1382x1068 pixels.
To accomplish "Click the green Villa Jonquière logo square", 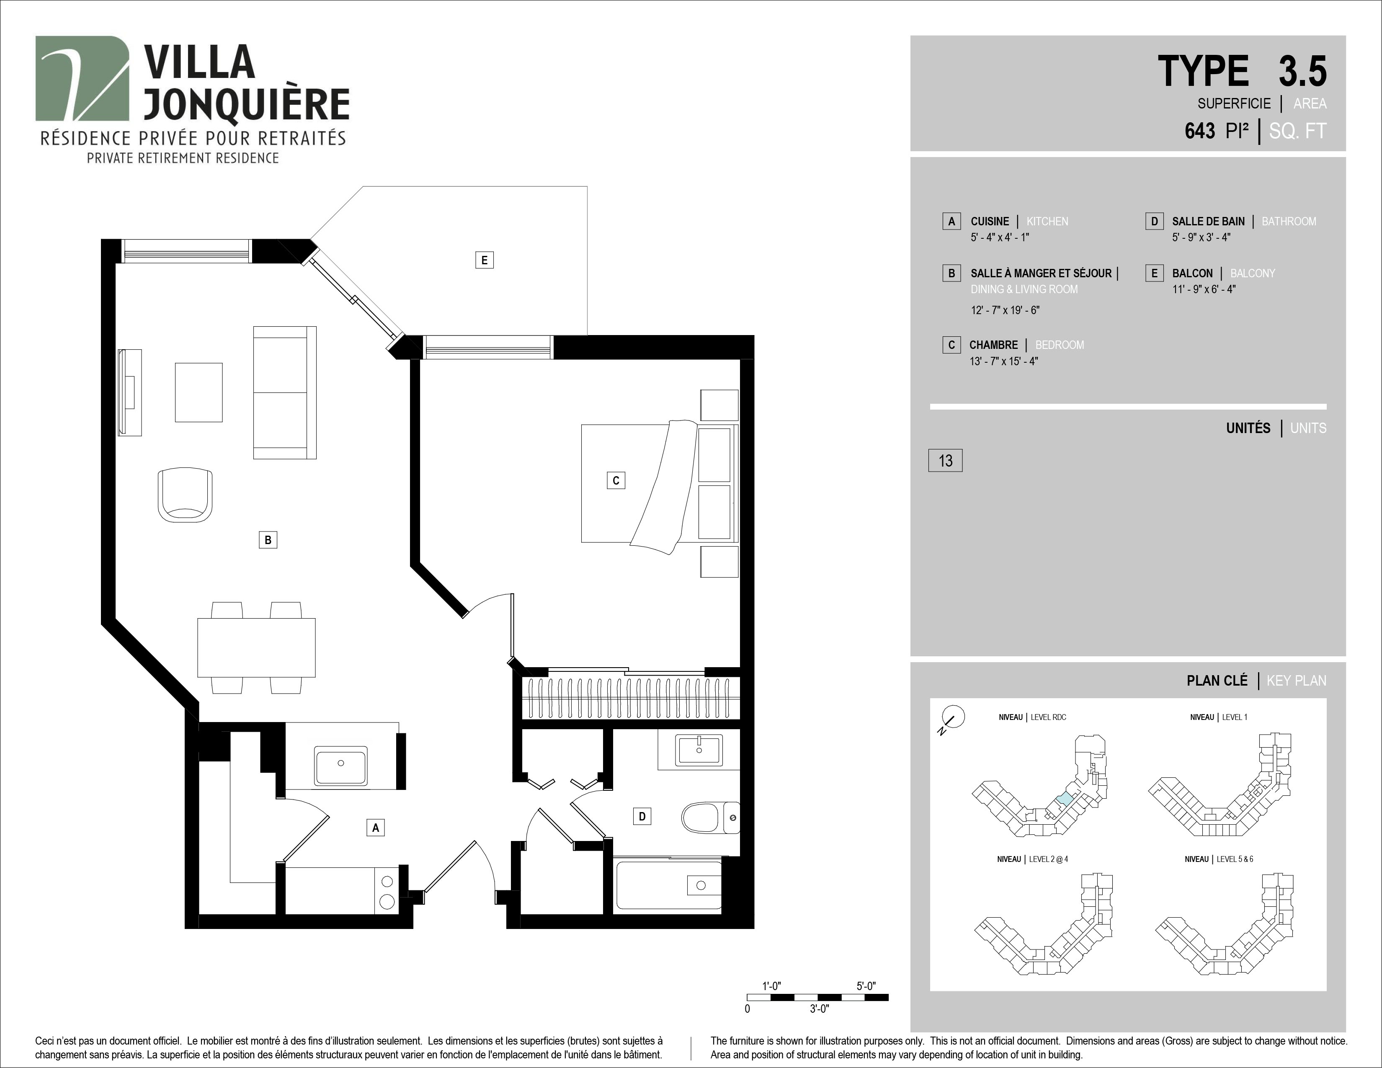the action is [x=82, y=78].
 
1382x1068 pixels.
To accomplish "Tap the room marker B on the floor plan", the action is [x=268, y=540].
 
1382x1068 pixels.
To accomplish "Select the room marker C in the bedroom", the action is [x=616, y=480].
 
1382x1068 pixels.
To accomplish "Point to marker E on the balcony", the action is [x=484, y=260].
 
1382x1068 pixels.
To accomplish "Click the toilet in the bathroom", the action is [x=710, y=818].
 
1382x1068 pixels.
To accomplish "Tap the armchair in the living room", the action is [x=185, y=495].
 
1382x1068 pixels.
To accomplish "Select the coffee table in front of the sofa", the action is [x=199, y=392].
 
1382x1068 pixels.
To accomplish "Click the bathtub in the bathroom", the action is [x=668, y=885].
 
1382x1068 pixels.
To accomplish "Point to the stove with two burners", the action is [x=387, y=891].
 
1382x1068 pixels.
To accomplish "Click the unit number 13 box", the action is [x=945, y=461].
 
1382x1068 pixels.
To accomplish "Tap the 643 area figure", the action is [x=1200, y=131].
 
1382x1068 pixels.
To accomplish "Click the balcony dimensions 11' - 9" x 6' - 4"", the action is [x=1204, y=289].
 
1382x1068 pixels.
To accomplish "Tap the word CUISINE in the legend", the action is [x=990, y=222].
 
